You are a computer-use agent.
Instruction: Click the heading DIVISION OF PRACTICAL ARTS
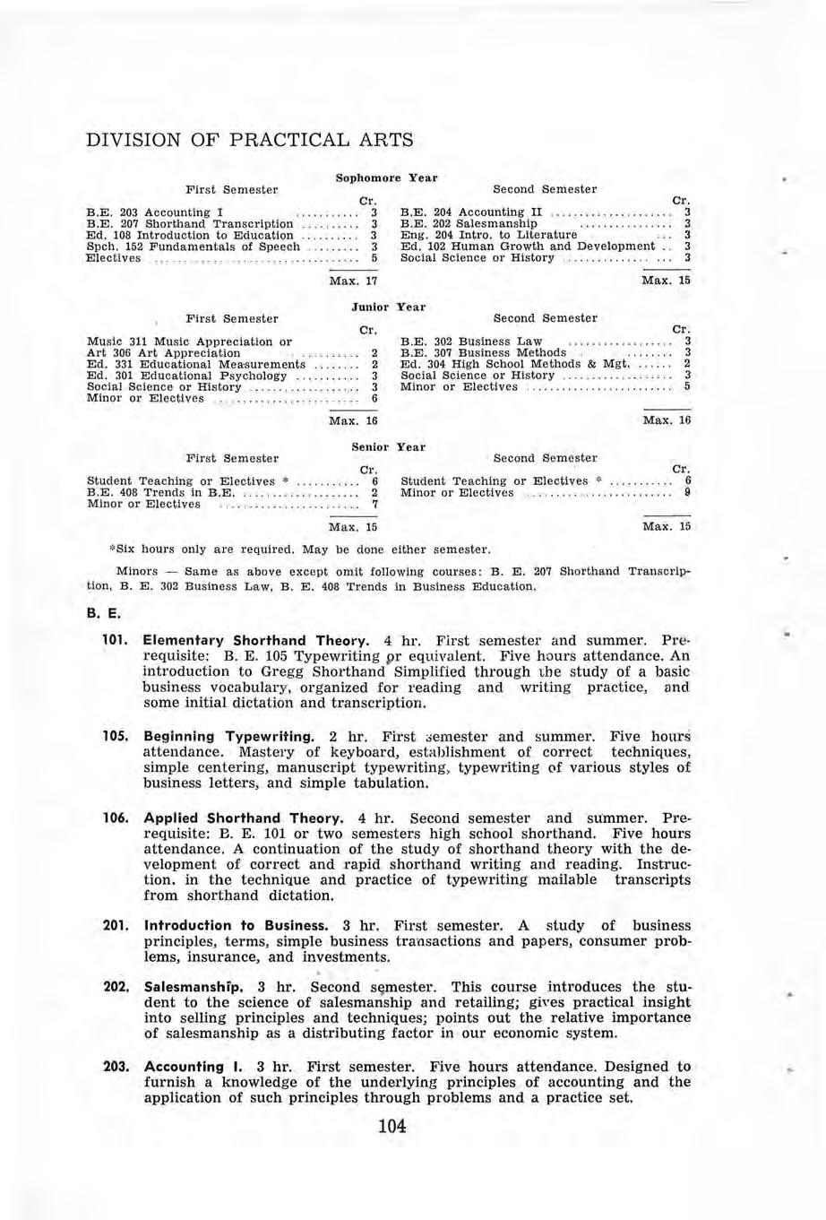tap(249, 140)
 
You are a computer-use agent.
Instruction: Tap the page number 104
tap(392, 1126)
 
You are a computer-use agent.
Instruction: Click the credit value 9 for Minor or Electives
tap(686, 492)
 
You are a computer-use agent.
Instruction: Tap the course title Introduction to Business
tap(237, 924)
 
